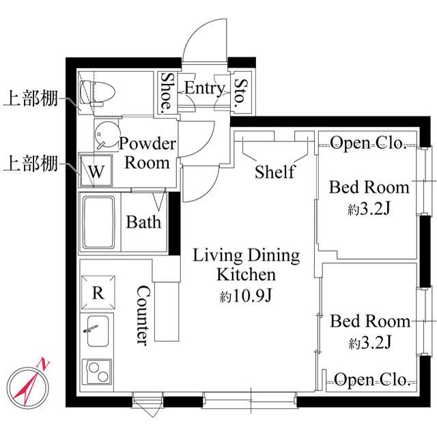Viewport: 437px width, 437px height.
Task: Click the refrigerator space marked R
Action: (98, 293)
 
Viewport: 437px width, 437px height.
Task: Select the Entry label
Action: (204, 89)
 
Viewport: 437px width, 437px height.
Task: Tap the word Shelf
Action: (274, 171)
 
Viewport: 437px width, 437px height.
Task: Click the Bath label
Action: (144, 222)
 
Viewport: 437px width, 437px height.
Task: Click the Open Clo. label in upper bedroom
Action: (369, 143)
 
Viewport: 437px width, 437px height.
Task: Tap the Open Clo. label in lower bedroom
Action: (371, 380)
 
